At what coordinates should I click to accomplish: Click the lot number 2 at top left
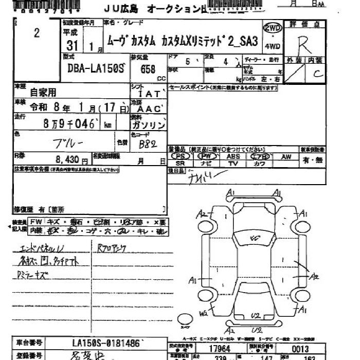tap(37, 33)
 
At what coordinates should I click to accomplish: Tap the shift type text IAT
tap(153, 94)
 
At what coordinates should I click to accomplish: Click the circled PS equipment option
tap(180, 156)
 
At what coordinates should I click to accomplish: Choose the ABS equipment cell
tap(233, 156)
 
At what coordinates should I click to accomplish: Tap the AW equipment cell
tap(286, 156)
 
